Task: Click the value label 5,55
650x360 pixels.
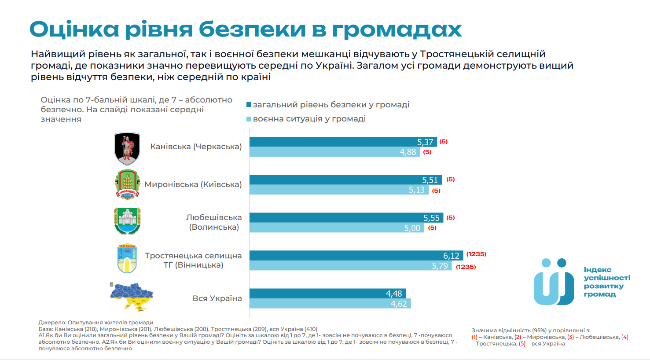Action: (x=431, y=218)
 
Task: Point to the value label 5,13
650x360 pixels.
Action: (x=416, y=190)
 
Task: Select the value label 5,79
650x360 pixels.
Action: (x=439, y=266)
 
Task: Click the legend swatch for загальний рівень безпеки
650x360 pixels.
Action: (x=249, y=105)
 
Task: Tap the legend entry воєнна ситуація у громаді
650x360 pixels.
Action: (x=309, y=119)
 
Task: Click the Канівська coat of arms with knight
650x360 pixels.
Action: (x=127, y=148)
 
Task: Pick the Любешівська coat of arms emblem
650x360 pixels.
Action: (x=127, y=221)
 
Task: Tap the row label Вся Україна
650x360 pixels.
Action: (x=217, y=298)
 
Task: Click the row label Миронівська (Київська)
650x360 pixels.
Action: (x=193, y=184)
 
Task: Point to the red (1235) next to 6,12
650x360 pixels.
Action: (x=476, y=254)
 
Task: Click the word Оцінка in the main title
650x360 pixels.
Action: (x=74, y=29)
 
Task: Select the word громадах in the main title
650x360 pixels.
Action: (x=397, y=29)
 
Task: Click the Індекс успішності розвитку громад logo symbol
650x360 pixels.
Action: (x=554, y=282)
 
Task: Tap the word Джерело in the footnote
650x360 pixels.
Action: (x=51, y=323)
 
